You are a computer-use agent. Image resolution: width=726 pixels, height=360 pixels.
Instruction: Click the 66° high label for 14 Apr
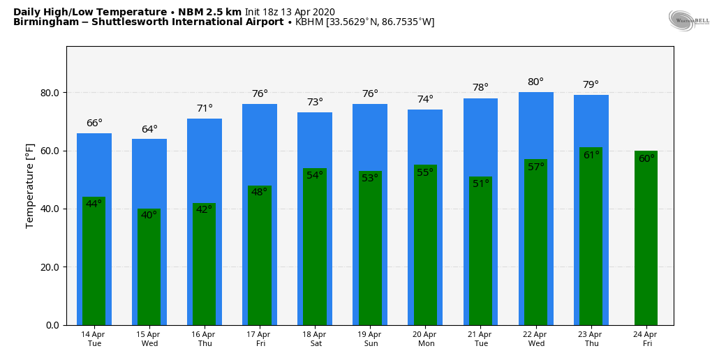(94, 123)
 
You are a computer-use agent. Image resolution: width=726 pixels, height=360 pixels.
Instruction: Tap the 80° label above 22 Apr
(535, 82)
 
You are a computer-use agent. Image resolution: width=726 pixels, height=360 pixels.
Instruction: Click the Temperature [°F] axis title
(30, 185)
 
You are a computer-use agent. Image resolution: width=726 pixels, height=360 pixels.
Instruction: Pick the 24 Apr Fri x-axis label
(646, 339)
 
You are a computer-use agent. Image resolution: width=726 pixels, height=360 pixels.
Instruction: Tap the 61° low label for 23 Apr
(591, 156)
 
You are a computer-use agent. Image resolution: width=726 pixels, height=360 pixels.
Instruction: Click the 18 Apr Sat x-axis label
(315, 339)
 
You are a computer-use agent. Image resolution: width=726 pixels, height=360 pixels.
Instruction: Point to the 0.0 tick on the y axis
(53, 325)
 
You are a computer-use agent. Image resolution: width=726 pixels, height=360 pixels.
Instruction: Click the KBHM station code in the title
(309, 22)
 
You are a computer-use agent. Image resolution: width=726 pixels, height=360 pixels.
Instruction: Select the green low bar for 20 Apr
(425, 251)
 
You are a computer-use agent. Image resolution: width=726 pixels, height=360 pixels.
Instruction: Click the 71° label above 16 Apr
(205, 109)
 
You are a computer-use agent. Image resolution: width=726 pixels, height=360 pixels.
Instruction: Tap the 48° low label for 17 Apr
(259, 193)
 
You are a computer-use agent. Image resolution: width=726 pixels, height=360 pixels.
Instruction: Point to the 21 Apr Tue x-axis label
(480, 339)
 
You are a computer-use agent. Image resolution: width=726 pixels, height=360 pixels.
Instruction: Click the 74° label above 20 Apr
(425, 100)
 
